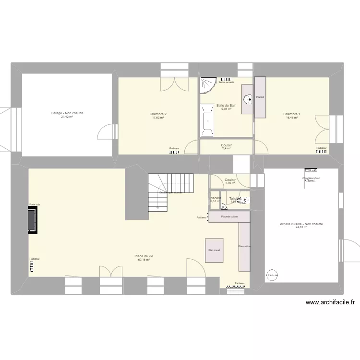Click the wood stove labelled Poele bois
[33, 220]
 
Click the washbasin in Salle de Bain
[248, 99]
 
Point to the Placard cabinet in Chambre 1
[260, 97]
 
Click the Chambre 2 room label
[158, 114]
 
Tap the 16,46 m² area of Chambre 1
[292, 118]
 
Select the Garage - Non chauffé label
[67, 113]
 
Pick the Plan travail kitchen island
[214, 250]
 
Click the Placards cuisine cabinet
[229, 217]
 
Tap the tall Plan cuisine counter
[244, 247]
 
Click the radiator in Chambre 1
[322, 152]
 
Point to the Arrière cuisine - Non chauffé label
[301, 224]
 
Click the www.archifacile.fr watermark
[330, 302]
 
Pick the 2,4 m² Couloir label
[227, 148]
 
